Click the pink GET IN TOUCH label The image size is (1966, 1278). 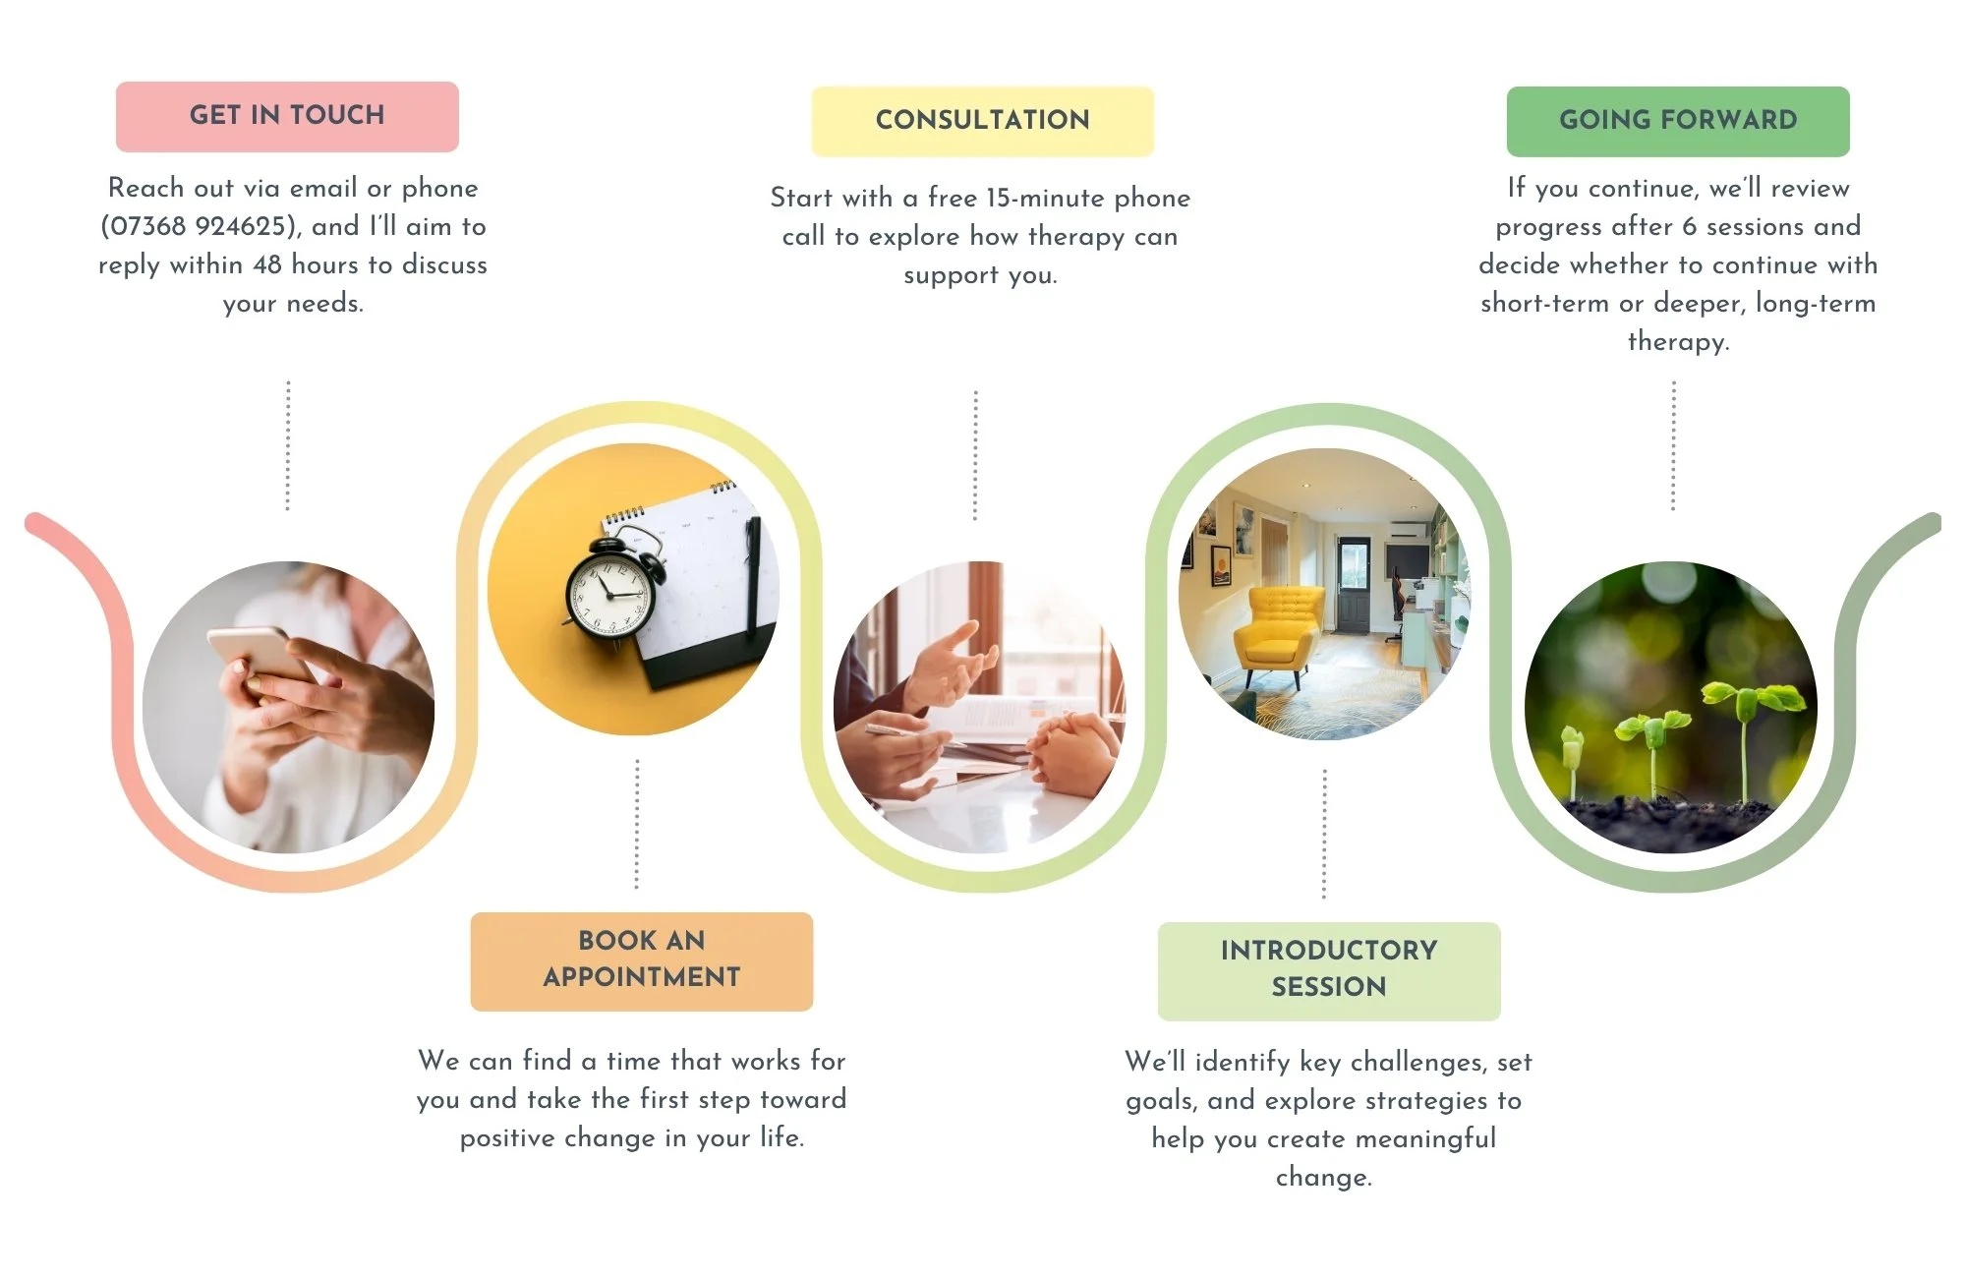(287, 116)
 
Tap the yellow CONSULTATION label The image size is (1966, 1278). (982, 121)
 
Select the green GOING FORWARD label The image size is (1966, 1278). (1678, 121)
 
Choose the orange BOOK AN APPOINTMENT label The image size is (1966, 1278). (642, 961)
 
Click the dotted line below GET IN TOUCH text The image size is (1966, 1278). (288, 445)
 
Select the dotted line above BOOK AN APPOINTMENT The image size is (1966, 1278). (637, 824)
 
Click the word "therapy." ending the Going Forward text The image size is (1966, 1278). (1678, 342)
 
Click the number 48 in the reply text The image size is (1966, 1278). (267, 265)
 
